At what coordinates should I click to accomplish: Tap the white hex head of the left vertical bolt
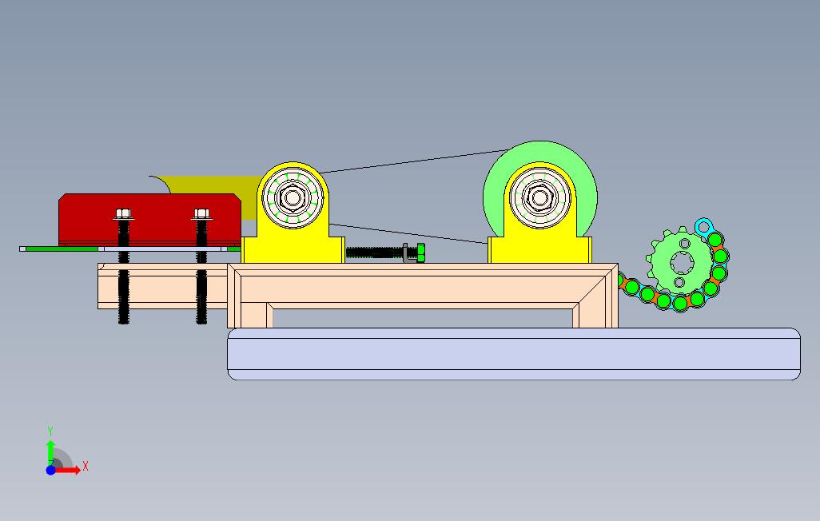point(123,213)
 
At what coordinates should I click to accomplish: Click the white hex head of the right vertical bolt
point(201,213)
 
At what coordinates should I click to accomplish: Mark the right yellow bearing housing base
point(540,251)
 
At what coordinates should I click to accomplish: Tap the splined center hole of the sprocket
point(681,262)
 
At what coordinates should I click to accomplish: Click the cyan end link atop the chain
point(703,225)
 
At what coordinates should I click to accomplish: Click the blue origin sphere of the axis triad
point(50,470)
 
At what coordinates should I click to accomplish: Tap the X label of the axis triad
point(86,466)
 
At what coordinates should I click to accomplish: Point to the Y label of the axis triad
point(50,432)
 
